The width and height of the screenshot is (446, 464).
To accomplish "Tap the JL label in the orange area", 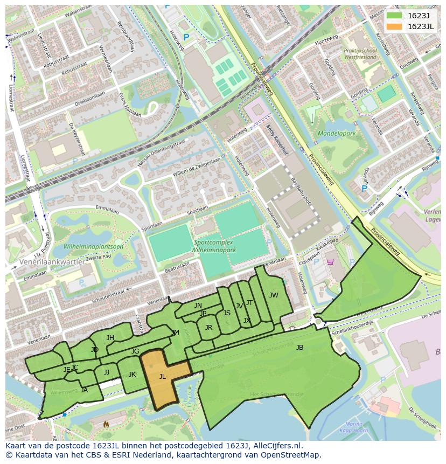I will point(162,377).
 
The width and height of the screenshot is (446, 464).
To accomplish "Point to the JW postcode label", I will point(274,295).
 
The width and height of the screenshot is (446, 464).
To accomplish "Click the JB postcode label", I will point(299,348).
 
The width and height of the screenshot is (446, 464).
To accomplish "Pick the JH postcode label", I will point(110,338).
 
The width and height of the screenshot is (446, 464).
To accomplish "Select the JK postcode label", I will point(132,375).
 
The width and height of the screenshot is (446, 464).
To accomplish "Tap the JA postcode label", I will point(84,390).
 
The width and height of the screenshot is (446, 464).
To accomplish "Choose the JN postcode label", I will point(198,306).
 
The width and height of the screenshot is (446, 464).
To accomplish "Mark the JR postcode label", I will point(208,327).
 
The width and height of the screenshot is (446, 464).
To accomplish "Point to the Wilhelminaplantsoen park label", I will point(93,247).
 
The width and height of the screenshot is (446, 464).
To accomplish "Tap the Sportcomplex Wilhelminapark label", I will point(215,246).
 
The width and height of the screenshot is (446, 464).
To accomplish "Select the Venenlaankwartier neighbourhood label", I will point(52,261).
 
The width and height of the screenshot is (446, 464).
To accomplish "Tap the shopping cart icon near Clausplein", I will point(330,262).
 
